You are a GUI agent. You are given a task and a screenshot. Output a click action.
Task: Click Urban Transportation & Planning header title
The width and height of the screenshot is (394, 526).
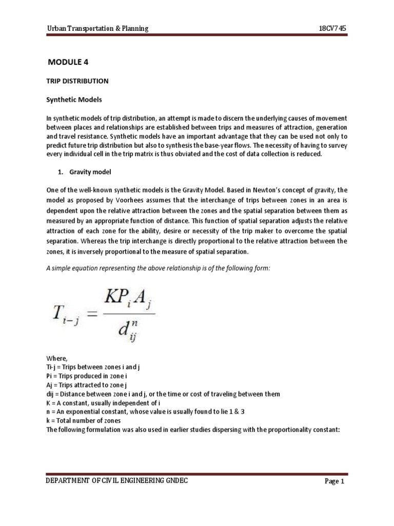[95, 29]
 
